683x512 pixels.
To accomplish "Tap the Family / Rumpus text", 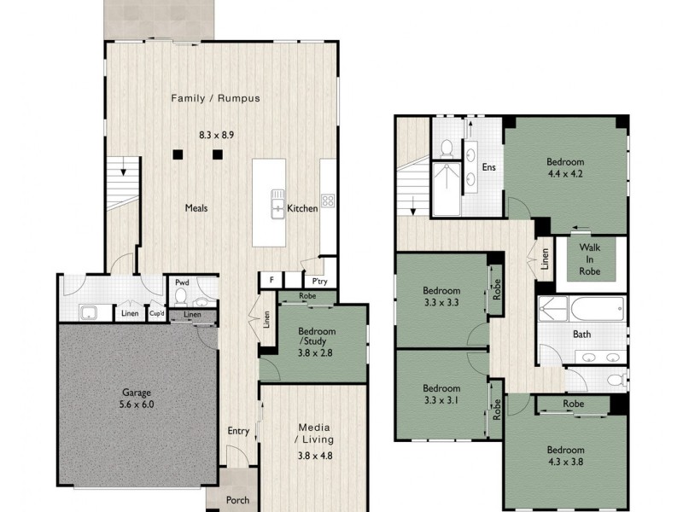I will (215, 98).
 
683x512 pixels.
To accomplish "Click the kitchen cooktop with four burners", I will (328, 202).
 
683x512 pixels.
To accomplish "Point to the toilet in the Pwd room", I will (180, 297).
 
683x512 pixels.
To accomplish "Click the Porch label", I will (237, 500).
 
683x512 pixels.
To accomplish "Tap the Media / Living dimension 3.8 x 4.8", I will (314, 455).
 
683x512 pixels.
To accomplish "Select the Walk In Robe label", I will (590, 259).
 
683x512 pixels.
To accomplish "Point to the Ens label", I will (489, 168).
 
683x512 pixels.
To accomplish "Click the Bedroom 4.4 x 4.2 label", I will (565, 168).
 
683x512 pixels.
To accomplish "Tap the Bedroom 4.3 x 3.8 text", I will (565, 457).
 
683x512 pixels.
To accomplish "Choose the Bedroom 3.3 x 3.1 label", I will (441, 392).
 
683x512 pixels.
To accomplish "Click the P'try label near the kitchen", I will (319, 281).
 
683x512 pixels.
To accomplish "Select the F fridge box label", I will (271, 280).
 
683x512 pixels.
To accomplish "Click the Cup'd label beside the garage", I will (156, 314).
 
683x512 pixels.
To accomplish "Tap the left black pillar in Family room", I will (177, 154).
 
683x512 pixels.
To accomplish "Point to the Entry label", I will (237, 431).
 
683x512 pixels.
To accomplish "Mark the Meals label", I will (196, 207).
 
